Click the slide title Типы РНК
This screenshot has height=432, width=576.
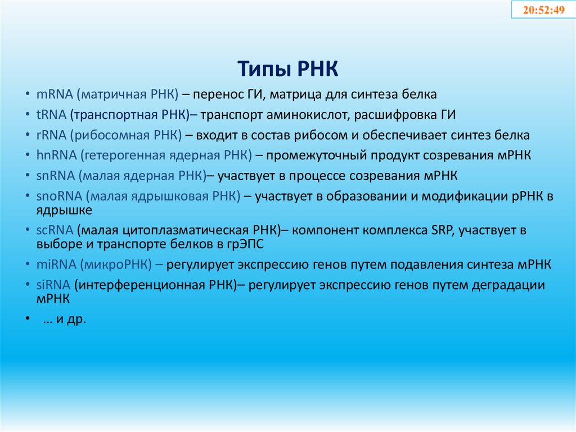[x=287, y=70]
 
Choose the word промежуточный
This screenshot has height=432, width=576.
[x=316, y=155]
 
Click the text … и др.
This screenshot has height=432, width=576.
[x=64, y=319]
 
